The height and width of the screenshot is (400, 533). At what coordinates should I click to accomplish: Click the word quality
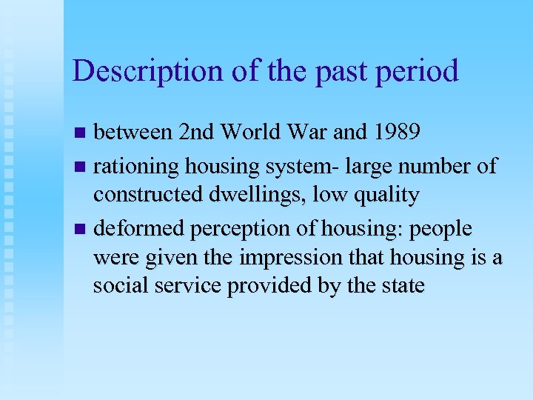click(x=386, y=196)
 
